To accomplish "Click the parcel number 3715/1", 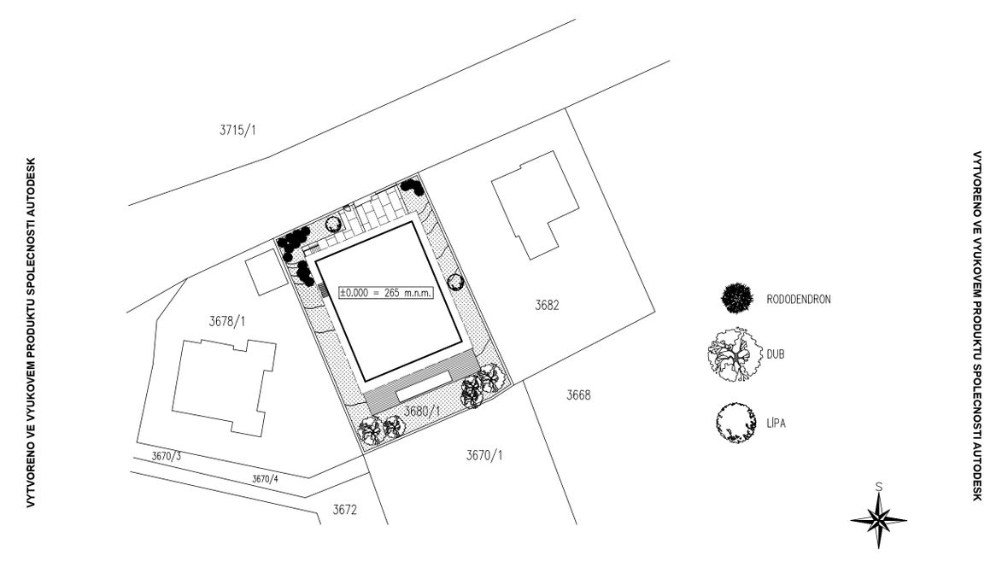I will tap(238, 131).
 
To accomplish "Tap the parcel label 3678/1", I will tap(227, 322).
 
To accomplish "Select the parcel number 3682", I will tap(547, 305).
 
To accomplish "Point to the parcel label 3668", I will tap(578, 395).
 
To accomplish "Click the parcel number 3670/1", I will tap(484, 455).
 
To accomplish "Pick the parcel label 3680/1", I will tap(421, 412).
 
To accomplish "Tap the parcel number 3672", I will tap(344, 510).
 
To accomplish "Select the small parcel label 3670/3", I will tap(167, 457).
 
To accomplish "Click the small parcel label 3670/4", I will tap(265, 479).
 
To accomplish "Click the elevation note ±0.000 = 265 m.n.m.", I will tap(386, 293).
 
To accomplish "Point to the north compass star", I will tap(878, 518).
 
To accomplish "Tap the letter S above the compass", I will tap(879, 487).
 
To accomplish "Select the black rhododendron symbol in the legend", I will tap(737, 298).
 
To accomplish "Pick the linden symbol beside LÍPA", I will tap(736, 422).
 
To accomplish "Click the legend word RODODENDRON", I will tap(799, 299).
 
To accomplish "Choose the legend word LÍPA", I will tap(777, 421).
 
